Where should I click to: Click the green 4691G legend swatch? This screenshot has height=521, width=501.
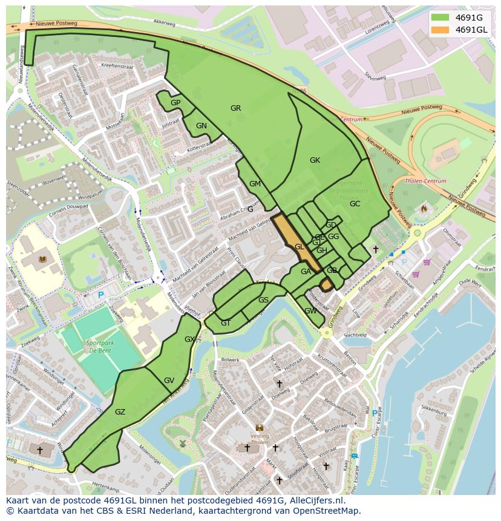440,17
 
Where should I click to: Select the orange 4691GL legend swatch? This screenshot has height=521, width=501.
440,30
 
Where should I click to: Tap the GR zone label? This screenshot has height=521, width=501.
235,108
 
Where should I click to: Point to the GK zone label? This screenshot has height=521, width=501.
315,160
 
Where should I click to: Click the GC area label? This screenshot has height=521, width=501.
355,204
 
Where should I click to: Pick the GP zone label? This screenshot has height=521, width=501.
175,103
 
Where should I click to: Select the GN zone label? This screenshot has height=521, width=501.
201,126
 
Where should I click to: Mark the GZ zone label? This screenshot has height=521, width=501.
120,412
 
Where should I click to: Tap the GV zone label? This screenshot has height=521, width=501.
169,381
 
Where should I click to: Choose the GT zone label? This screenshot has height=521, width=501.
226,323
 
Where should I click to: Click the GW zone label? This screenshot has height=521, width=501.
310,311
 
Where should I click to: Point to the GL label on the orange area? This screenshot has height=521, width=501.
299,247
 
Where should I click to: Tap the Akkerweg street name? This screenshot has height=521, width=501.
164,22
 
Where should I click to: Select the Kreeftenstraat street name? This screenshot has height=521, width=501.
117,65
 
